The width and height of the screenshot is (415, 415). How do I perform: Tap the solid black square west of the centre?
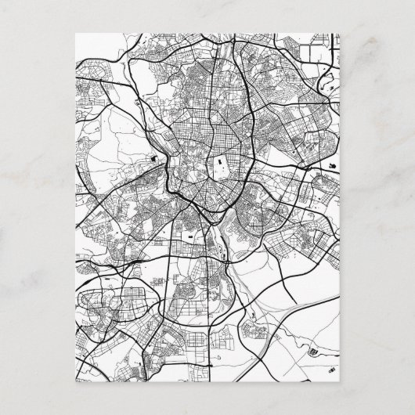tap(154, 159)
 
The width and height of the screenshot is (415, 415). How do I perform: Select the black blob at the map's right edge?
tap(334, 166)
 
